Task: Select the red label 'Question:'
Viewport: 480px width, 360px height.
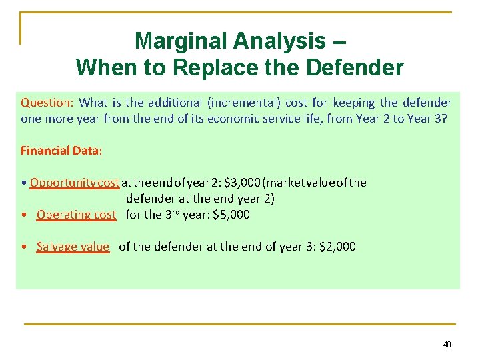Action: (47, 103)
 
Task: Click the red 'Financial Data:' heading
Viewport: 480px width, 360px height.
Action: (61, 150)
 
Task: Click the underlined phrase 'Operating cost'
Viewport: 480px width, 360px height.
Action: (76, 215)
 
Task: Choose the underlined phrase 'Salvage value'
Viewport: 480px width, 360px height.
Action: (73, 247)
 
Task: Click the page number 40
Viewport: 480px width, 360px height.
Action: (447, 345)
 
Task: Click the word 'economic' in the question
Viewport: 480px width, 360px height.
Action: (261, 118)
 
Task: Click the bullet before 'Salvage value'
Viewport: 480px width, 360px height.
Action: (23, 247)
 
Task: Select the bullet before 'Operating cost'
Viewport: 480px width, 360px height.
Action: (23, 215)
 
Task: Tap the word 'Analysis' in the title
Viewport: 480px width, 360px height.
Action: (277, 41)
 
